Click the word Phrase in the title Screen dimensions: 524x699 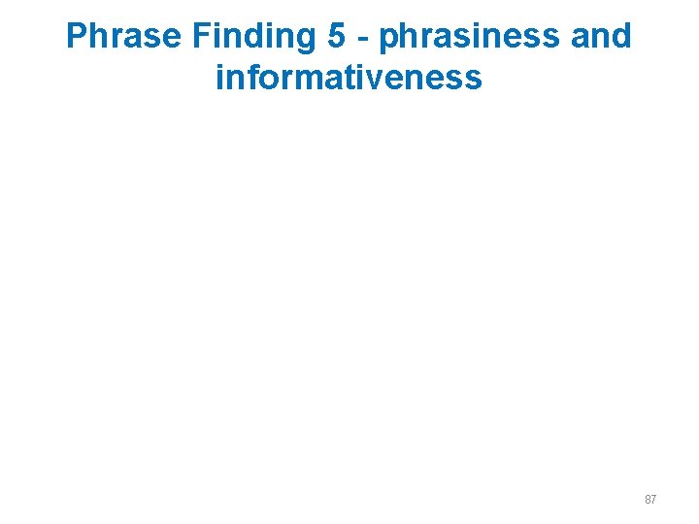pyautogui.click(x=124, y=37)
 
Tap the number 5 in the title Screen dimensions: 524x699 pyautogui.click(x=336, y=37)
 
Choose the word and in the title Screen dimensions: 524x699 pyautogui.click(x=600, y=37)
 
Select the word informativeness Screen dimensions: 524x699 pyautogui.click(x=349, y=76)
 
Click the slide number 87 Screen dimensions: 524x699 pyautogui.click(x=649, y=500)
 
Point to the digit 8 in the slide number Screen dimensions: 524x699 pyautogui.click(x=647, y=500)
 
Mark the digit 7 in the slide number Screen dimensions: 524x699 pyautogui.click(x=653, y=500)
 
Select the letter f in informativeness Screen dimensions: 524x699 pyautogui.click(x=249, y=76)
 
